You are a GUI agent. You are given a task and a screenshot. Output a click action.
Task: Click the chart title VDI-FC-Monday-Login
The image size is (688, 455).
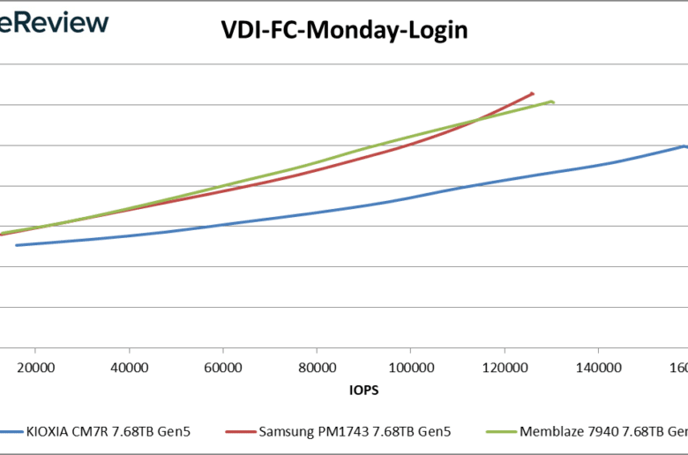click(344, 31)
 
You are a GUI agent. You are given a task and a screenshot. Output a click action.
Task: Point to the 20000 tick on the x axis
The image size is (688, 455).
click(35, 367)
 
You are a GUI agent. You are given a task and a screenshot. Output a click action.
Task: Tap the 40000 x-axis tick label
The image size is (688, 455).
click(129, 367)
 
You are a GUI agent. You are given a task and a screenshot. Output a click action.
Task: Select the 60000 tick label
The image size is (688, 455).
click(222, 367)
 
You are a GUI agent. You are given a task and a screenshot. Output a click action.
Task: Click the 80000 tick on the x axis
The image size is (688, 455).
click(317, 367)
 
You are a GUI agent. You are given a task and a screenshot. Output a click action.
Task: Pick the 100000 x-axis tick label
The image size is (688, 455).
click(410, 367)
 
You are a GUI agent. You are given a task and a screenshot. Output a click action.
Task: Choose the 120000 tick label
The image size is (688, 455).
click(504, 367)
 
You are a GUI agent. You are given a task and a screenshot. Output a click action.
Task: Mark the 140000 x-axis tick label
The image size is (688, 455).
click(598, 367)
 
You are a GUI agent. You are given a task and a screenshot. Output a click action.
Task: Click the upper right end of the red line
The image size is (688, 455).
click(532, 93)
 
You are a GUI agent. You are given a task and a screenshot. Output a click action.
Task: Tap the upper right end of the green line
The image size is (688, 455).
click(552, 101)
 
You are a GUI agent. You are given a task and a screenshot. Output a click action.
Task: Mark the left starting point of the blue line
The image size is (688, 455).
click(16, 245)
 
